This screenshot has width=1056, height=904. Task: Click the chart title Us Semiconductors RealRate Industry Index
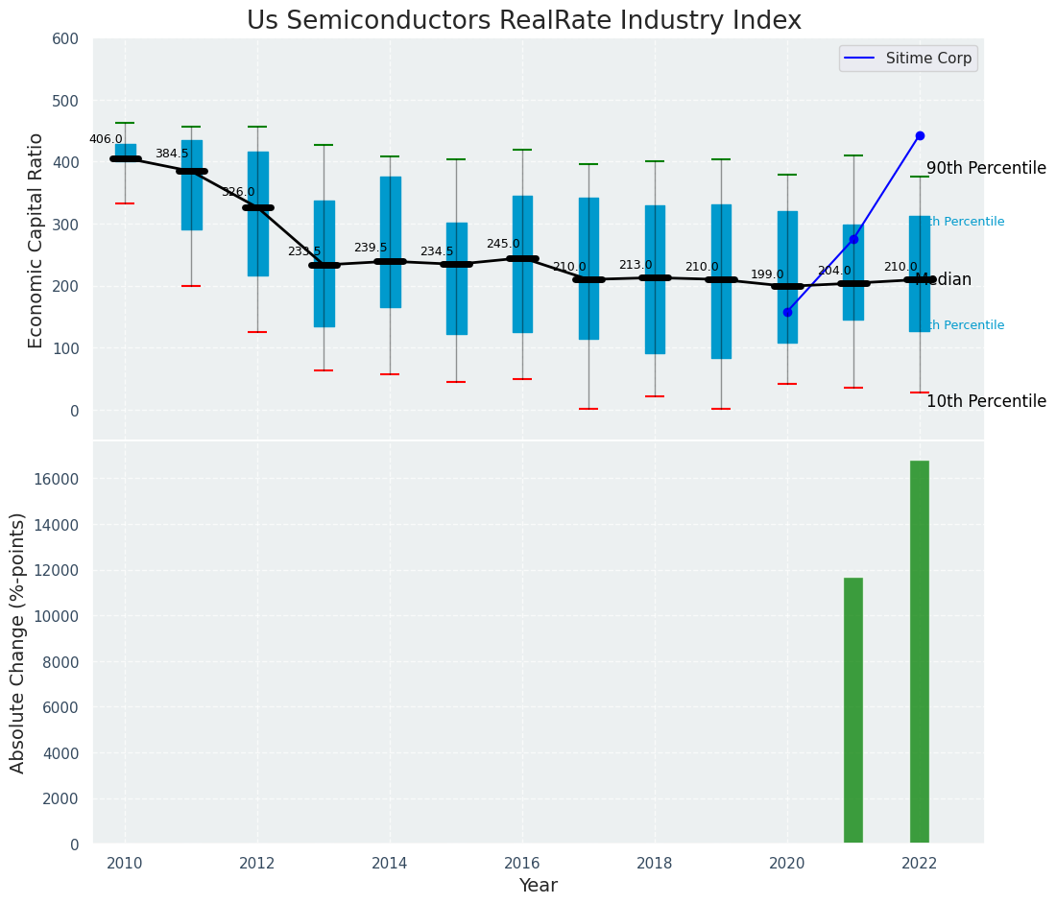pos(523,21)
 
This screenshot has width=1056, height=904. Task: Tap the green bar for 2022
pos(920,653)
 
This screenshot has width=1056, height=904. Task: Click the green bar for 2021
pos(853,711)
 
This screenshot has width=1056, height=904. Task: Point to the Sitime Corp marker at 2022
pos(920,135)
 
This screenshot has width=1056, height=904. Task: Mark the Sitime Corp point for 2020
pos(787,312)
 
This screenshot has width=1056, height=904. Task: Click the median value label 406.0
pos(106,139)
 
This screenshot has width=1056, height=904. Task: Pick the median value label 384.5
pos(172,154)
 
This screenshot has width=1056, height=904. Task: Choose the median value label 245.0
pos(503,244)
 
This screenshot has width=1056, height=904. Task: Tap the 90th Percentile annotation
pos(986,168)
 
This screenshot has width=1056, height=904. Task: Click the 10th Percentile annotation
pos(986,401)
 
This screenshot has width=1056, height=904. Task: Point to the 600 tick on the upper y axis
pos(72,38)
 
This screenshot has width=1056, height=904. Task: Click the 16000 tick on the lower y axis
pos(60,479)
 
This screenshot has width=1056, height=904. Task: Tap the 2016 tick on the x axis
pos(522,863)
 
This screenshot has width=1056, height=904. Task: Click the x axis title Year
pos(538,886)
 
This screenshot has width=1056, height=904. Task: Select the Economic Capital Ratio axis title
pos(36,240)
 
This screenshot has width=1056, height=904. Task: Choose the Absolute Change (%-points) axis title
pos(18,642)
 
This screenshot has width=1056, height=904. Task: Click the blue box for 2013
pos(324,264)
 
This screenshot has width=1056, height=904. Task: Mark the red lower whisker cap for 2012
pos(257,332)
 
